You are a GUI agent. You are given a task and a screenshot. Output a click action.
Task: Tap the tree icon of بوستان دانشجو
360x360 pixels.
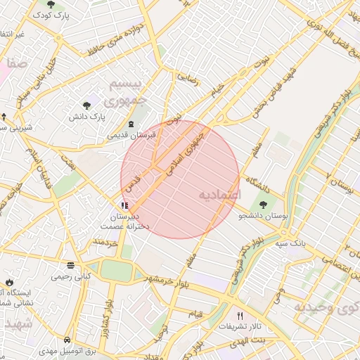(x=263, y=204)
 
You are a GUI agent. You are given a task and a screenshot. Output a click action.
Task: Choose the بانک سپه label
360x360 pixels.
(x=289, y=243)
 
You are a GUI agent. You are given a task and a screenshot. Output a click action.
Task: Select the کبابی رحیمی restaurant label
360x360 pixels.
(x=70, y=277)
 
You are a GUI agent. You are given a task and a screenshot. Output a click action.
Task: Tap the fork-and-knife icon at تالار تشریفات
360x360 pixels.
(x=240, y=316)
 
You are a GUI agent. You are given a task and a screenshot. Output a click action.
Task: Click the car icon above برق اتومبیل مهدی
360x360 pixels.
(x=67, y=338)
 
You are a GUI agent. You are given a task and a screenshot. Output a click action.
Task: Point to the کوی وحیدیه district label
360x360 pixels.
(x=320, y=307)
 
